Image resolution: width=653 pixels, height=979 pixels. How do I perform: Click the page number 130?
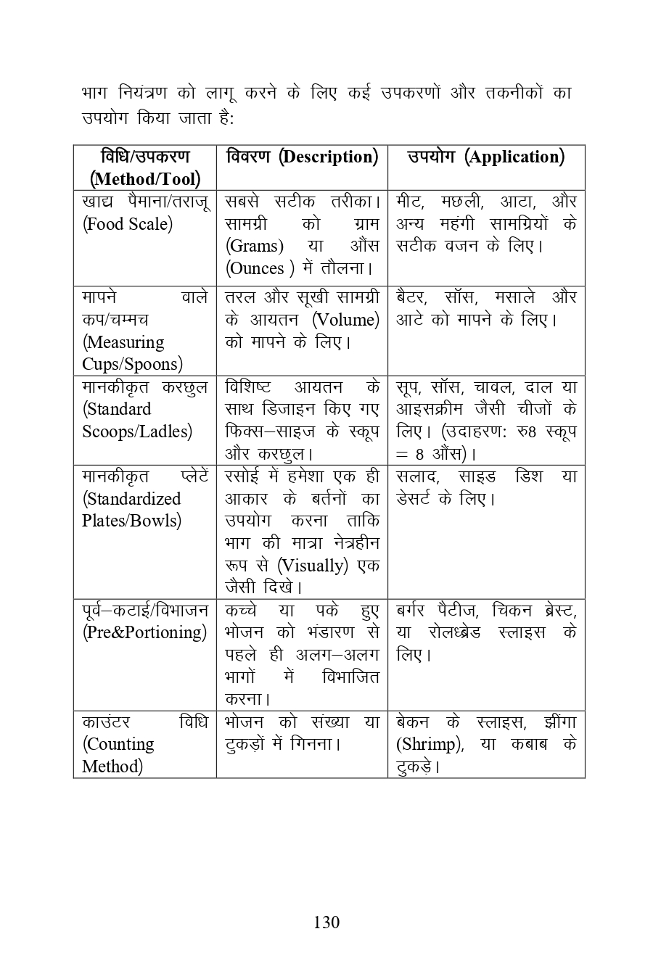pyautogui.click(x=326, y=922)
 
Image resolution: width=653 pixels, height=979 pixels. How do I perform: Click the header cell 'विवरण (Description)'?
pyautogui.click(x=302, y=157)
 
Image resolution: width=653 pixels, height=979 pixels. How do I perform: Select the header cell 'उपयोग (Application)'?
pyautogui.click(x=485, y=157)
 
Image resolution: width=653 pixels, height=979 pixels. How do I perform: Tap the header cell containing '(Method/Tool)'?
pyautogui.click(x=144, y=179)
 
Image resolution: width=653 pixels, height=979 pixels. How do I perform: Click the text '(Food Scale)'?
pyautogui.click(x=128, y=224)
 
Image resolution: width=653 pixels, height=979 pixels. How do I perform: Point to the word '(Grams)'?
pyautogui.click(x=254, y=247)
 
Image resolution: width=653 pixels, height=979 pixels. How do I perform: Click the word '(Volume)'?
pyautogui.click(x=345, y=320)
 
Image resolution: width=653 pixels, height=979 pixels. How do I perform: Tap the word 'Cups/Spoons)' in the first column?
pyautogui.click(x=132, y=364)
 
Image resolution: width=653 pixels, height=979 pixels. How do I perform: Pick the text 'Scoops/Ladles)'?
pyautogui.click(x=137, y=431)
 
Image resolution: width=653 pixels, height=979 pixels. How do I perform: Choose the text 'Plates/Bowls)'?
pyautogui.click(x=131, y=521)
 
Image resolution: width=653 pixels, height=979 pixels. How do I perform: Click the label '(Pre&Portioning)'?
pyautogui.click(x=144, y=632)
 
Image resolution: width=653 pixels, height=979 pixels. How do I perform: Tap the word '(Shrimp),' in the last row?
pyautogui.click(x=430, y=745)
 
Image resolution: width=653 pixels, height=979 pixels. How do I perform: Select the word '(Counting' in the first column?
pyautogui.click(x=118, y=745)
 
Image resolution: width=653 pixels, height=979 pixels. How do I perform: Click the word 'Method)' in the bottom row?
pyautogui.click(x=112, y=767)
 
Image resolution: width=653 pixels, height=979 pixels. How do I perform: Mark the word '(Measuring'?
pyautogui.click(x=123, y=342)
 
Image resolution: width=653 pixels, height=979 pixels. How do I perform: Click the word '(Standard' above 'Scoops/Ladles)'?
pyautogui.click(x=117, y=409)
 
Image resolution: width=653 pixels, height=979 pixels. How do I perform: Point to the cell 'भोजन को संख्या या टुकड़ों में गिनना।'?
pyautogui.click(x=301, y=733)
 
